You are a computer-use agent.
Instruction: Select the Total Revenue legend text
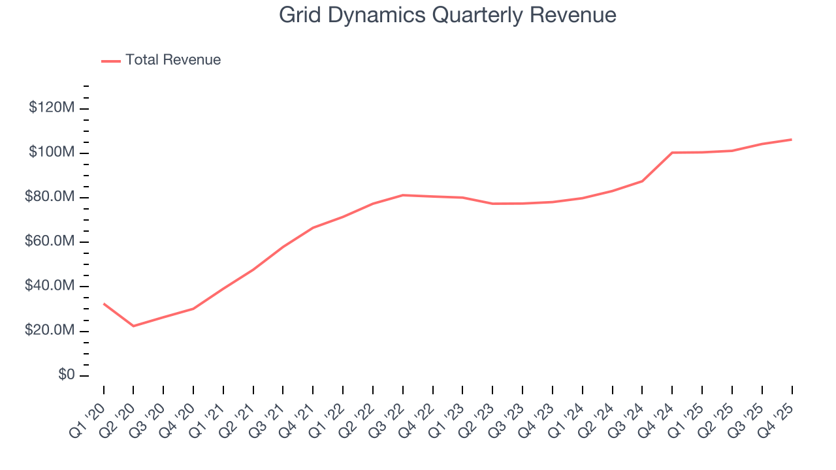click(x=173, y=60)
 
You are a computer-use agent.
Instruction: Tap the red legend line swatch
click(x=111, y=61)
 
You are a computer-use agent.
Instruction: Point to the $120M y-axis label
click(x=52, y=108)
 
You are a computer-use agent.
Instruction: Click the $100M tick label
click(x=52, y=152)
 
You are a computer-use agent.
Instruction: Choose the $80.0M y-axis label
click(x=50, y=197)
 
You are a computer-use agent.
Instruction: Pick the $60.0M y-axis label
click(x=50, y=242)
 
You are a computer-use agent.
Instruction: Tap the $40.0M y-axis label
click(x=50, y=286)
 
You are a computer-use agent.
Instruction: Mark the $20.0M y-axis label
click(x=50, y=331)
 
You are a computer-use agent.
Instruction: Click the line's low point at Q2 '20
click(x=134, y=326)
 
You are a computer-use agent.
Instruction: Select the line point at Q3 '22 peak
click(x=403, y=195)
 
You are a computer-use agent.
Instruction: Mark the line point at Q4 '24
click(x=672, y=153)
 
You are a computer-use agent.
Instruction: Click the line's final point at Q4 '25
click(x=792, y=139)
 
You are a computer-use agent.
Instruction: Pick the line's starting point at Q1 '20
click(x=104, y=304)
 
